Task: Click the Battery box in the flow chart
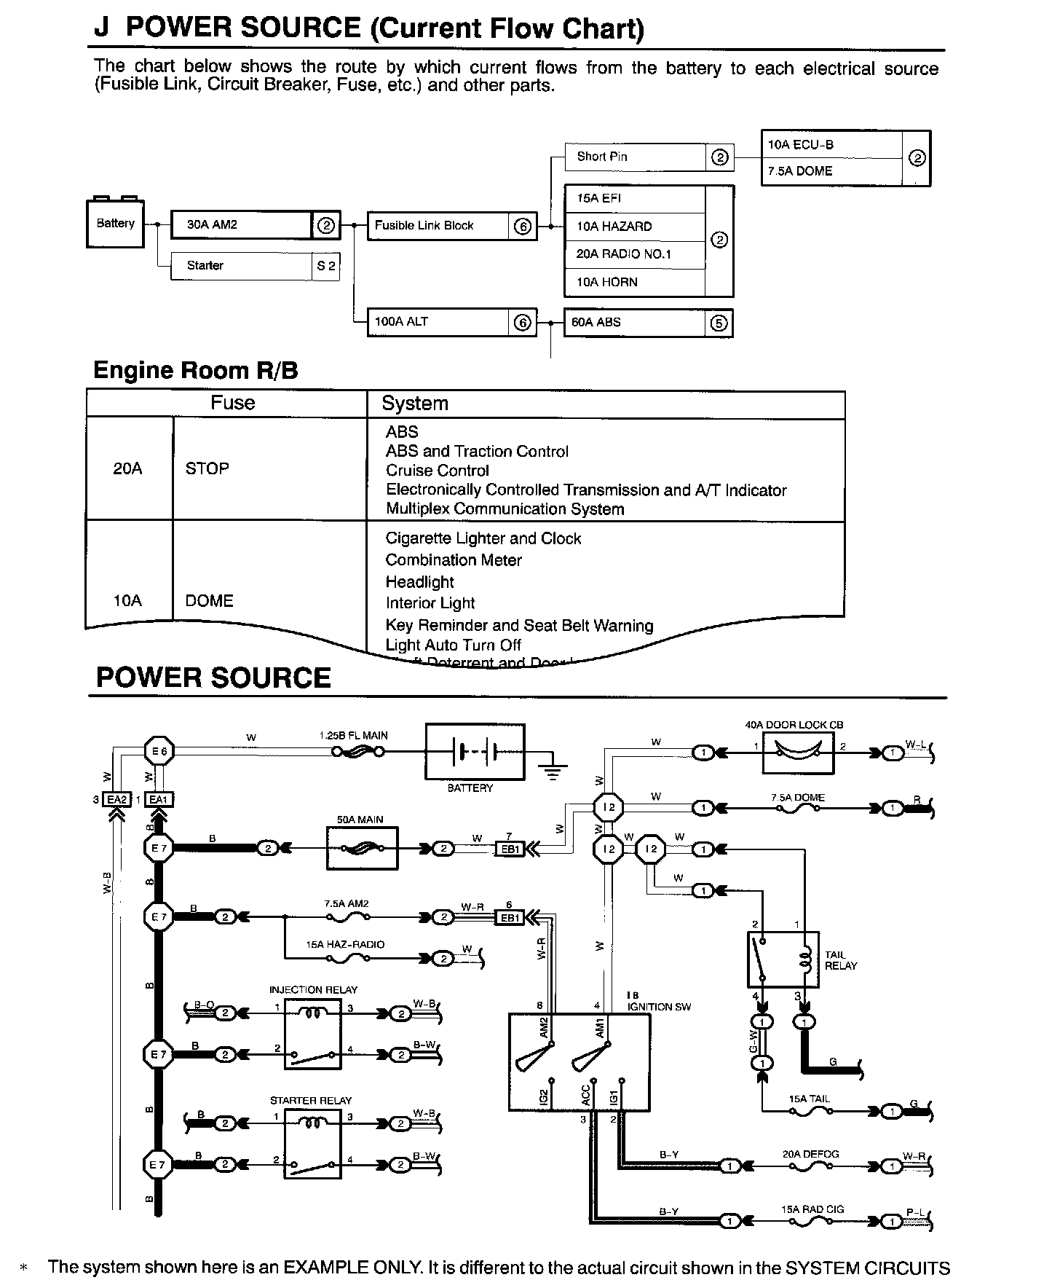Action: [x=115, y=224]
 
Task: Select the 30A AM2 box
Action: [x=241, y=225]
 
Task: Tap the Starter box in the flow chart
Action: [x=241, y=266]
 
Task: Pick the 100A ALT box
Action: [x=438, y=322]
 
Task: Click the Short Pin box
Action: [x=635, y=157]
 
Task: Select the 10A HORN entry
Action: [x=635, y=283]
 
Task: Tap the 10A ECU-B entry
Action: [x=830, y=145]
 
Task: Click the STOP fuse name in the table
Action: [x=207, y=468]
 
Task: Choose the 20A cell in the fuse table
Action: [x=127, y=468]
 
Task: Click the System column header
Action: [x=415, y=404]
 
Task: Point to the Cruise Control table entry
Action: [x=438, y=471]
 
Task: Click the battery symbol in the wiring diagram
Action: [x=474, y=752]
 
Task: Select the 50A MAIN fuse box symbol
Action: [x=363, y=849]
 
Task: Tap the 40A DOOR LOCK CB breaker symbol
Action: [x=798, y=752]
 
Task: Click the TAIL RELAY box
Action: [x=783, y=959]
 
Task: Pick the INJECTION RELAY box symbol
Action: [x=312, y=1034]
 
